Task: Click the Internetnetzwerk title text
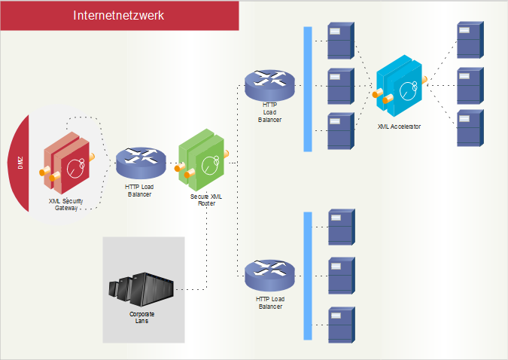tap(119, 15)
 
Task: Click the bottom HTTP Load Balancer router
tap(269, 275)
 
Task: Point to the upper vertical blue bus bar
tap(307, 89)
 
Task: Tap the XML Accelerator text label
tap(399, 127)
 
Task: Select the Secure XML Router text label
tap(205, 200)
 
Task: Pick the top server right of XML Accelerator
tap(470, 40)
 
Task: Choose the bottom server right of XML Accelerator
tap(470, 128)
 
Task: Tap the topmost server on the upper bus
tap(340, 41)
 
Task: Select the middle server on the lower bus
tap(340, 276)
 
